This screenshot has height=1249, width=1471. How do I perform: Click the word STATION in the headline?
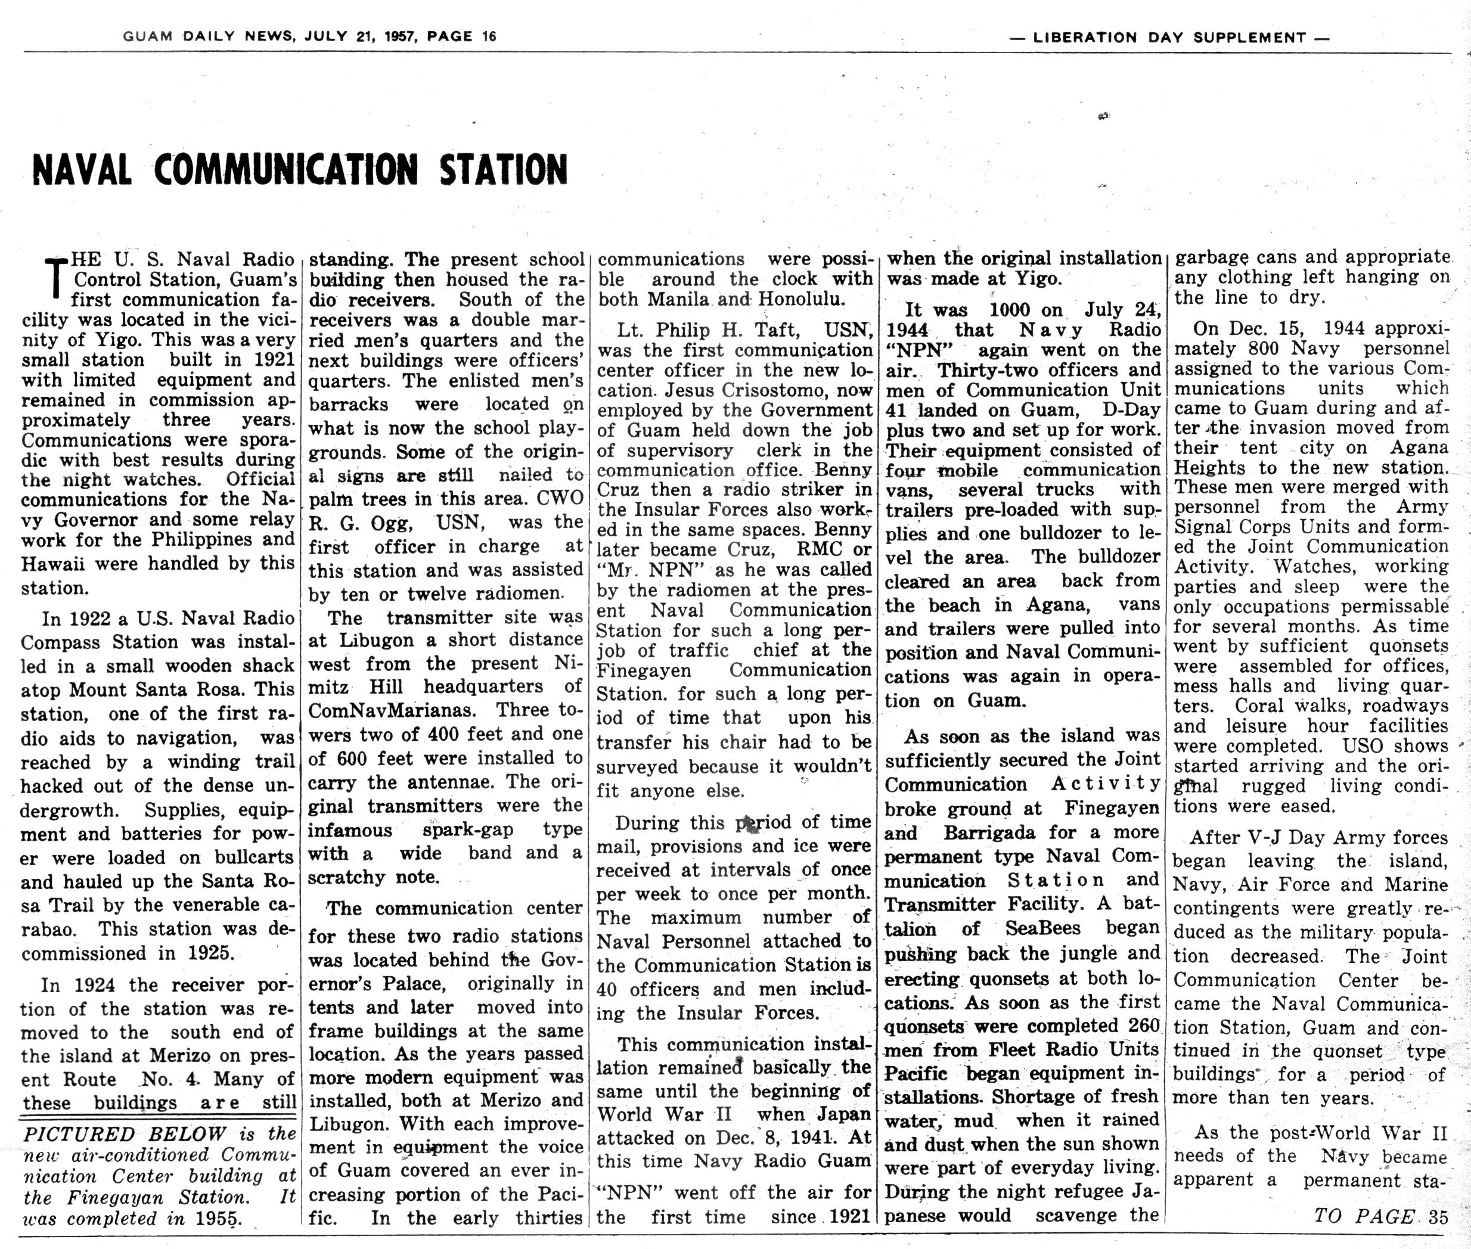[504, 170]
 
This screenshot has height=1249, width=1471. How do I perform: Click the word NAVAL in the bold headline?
[82, 170]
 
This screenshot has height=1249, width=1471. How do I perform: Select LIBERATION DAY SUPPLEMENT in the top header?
[1169, 38]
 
